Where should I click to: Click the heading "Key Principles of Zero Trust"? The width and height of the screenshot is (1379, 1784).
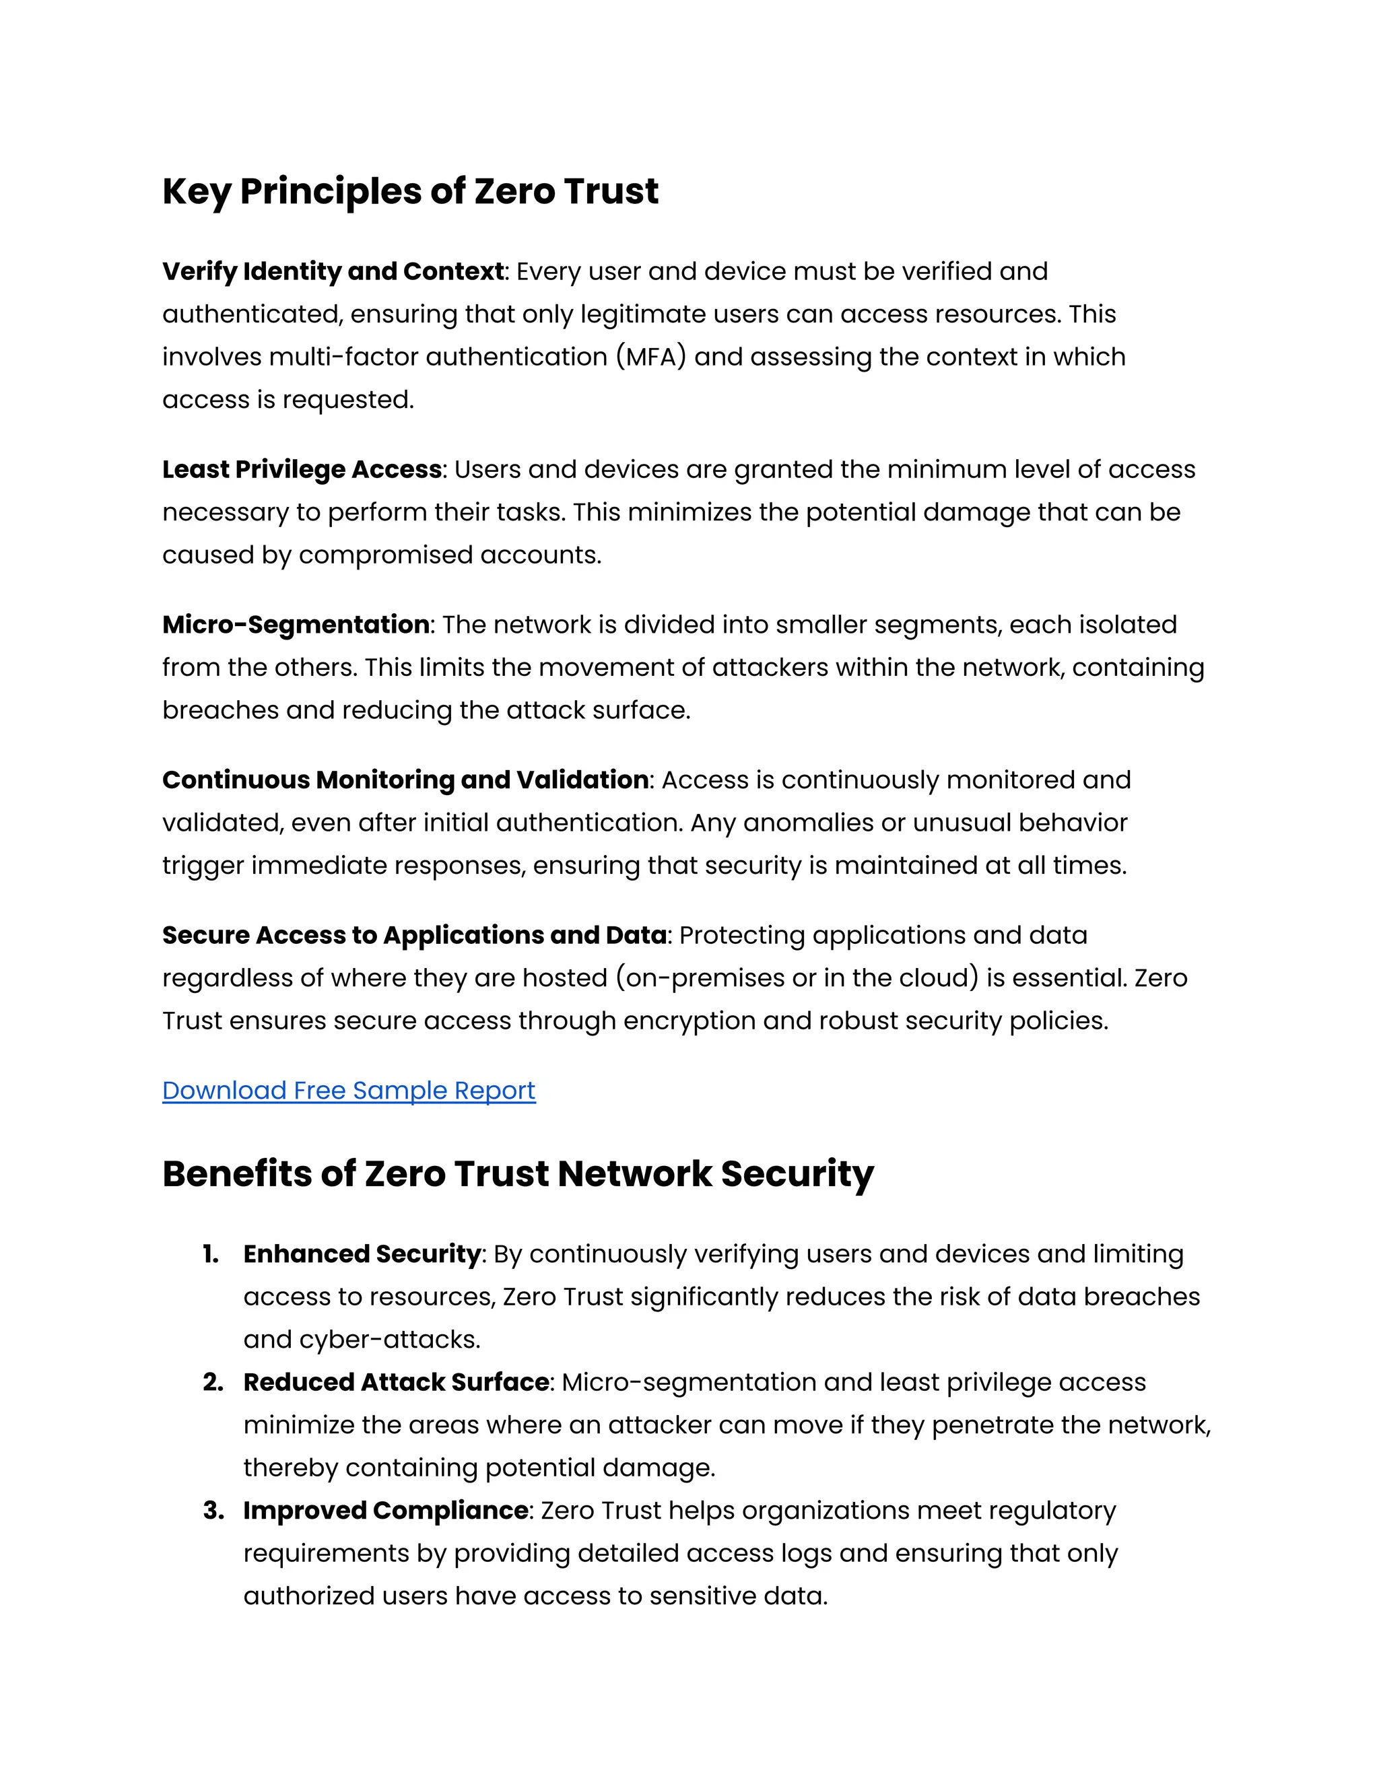(x=410, y=192)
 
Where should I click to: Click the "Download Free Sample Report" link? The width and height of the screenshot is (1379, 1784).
(x=349, y=1091)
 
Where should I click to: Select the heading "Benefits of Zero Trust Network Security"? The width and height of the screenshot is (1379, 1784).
(x=518, y=1174)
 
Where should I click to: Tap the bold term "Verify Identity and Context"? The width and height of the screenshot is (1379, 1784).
(x=333, y=271)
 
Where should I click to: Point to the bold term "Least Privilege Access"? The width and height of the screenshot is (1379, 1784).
(x=302, y=470)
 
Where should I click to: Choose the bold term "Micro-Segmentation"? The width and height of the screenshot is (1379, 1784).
(x=296, y=625)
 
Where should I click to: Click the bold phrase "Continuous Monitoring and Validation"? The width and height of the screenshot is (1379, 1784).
(x=406, y=780)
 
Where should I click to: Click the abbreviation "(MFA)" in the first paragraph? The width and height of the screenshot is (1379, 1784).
(x=651, y=357)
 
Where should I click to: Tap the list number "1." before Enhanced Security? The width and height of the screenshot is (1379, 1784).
(x=211, y=1254)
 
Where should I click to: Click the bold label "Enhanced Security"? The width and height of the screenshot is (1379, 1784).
(x=362, y=1254)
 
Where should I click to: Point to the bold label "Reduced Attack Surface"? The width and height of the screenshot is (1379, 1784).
(x=396, y=1382)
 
